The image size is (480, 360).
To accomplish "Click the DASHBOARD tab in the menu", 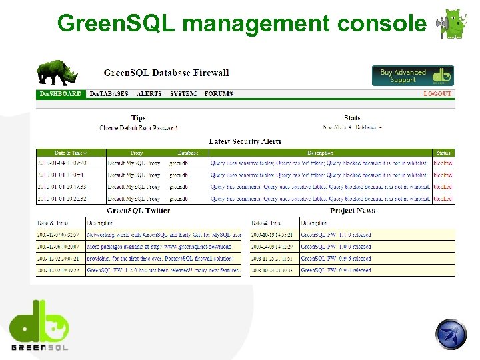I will point(61,94).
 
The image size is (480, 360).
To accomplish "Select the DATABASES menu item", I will point(109,94).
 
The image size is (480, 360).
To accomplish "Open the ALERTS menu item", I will point(149,94).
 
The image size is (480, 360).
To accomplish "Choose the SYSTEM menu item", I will point(183,94).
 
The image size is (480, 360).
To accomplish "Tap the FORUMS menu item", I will point(219,94).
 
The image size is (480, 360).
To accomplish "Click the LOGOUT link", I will point(437,94).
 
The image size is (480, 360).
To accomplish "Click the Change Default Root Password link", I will point(139,127).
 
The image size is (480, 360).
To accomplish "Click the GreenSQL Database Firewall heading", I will point(166,73).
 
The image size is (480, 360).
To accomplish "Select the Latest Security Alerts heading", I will point(245,141).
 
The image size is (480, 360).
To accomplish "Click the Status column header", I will point(443,153).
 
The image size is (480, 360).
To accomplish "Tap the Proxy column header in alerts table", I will point(137,153).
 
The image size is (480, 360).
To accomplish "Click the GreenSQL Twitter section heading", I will point(139,211).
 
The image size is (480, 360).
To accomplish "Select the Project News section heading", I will point(352,211).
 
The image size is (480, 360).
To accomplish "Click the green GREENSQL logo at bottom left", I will point(39,323).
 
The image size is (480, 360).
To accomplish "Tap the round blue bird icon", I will point(451,334).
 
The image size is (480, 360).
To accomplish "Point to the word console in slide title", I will point(383,23).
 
